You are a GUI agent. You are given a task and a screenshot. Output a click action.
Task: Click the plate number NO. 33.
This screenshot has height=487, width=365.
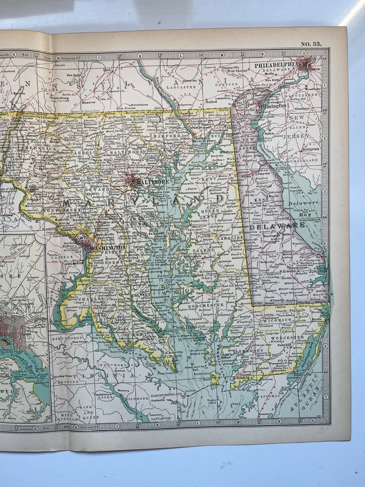coord(311,44)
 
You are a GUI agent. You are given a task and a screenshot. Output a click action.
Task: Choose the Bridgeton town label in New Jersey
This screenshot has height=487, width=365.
coord(310,150)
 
